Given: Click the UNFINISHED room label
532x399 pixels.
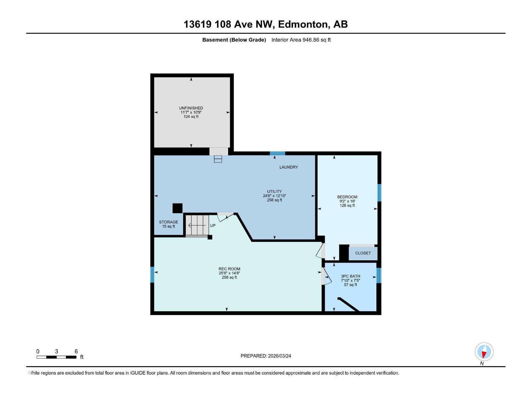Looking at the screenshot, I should click(191, 108).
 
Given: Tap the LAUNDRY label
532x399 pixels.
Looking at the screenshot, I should click(288, 167).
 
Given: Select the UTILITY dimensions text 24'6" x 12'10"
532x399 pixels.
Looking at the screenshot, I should click(274, 196).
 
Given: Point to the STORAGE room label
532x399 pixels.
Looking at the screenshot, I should click(168, 222).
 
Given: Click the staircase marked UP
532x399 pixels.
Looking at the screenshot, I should click(197, 225).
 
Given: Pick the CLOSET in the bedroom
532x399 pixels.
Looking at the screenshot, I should click(363, 253).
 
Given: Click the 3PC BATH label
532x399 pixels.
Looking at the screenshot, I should click(350, 276).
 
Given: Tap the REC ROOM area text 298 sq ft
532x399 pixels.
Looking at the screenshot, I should click(229, 278).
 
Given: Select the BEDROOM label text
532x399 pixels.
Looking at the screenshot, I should click(347, 197).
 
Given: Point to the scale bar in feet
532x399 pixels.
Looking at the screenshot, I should click(57, 357).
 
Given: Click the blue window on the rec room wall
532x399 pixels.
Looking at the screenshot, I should click(152, 275).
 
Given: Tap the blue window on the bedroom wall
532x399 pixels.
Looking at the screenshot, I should click(379, 193).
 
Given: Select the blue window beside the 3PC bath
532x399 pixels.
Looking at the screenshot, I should click(378, 275).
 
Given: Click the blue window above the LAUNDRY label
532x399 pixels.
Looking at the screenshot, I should click(277, 153).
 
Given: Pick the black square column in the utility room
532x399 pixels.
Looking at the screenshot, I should click(177, 208).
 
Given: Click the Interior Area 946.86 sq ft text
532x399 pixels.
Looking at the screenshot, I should click(301, 40).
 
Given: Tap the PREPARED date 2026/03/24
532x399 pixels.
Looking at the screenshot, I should click(279, 356).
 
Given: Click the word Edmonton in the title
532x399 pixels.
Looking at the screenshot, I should click(303, 24).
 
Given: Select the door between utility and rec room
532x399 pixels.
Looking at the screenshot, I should click(225, 217).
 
